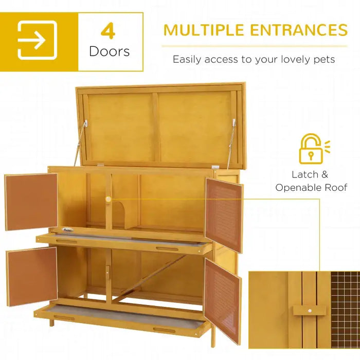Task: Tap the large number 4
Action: click(x=108, y=31)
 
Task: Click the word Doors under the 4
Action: click(x=109, y=51)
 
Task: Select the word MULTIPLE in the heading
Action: click(x=204, y=30)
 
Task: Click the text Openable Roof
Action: click(x=311, y=187)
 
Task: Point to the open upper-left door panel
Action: click(x=31, y=202)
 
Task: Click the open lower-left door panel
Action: click(x=32, y=276)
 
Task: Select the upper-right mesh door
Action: click(x=224, y=214)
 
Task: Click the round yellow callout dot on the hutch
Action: click(x=109, y=199)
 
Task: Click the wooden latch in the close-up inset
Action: click(x=309, y=311)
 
